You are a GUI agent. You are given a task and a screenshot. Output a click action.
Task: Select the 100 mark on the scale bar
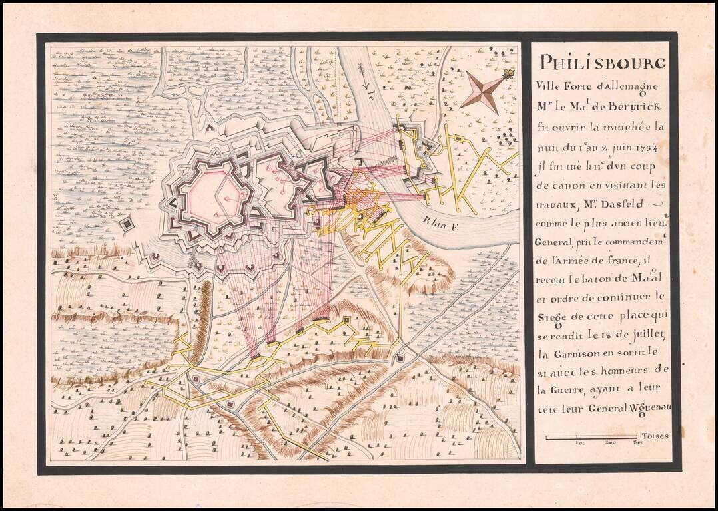click(x=580, y=442)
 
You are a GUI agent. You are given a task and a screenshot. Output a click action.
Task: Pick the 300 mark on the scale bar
click(x=637, y=442)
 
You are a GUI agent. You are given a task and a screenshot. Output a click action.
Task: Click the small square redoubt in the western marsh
click(x=126, y=225)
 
